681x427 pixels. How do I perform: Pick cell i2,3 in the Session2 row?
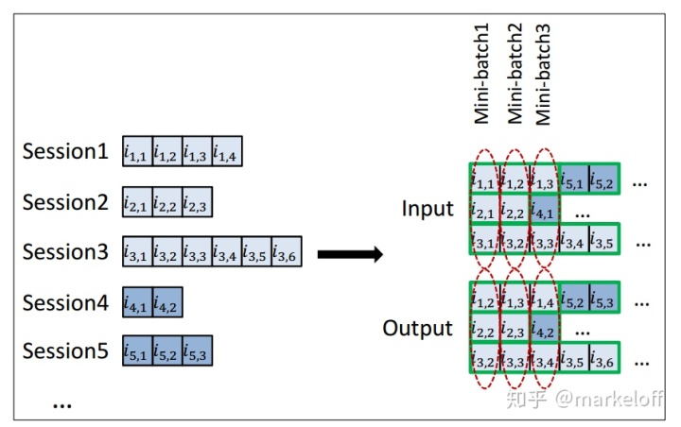pos(196,201)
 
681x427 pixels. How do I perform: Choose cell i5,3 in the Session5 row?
pos(196,352)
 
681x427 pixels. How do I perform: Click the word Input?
pos(427,209)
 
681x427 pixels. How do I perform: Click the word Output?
pos(417,329)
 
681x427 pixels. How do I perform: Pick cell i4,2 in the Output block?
pos(544,330)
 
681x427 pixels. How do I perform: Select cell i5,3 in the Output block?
pos(603,299)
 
